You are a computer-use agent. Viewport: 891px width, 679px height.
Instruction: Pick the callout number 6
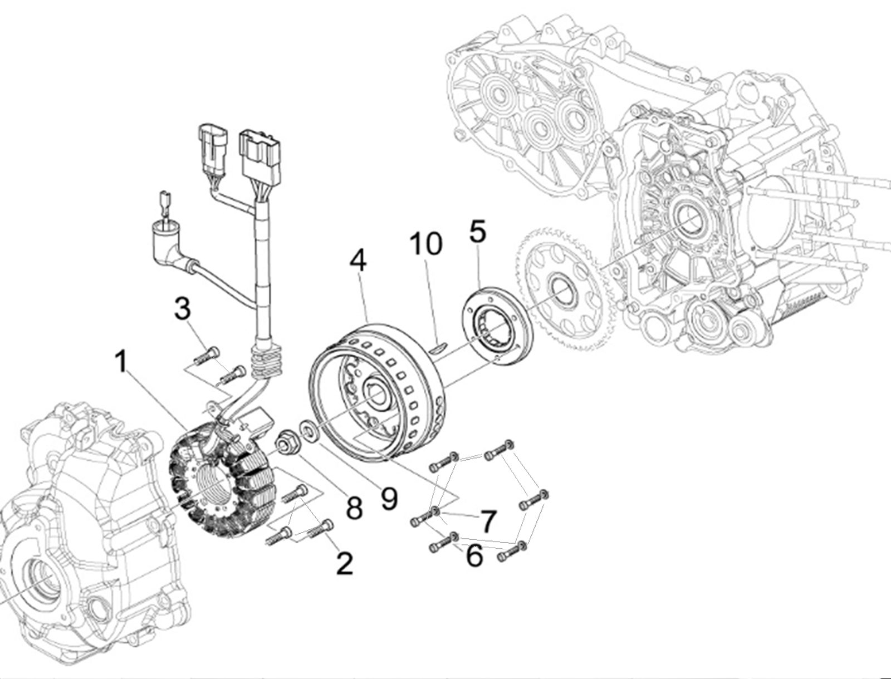pos(474,555)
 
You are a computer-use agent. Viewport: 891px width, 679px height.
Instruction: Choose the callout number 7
pos(487,521)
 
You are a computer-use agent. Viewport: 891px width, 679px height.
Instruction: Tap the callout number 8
pos(354,508)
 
